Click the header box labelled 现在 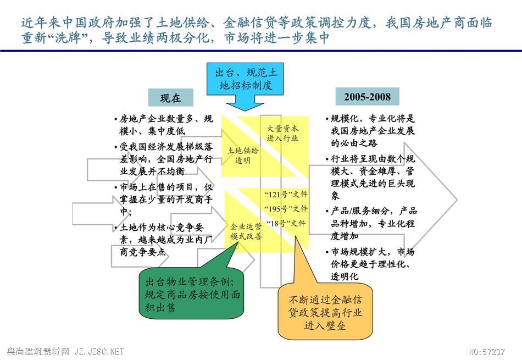tap(171, 98)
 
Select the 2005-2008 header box tap(367, 97)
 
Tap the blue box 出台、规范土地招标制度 tap(246, 79)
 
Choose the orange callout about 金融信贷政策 tap(325, 312)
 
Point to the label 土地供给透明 tap(243, 156)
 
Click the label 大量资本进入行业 tap(282, 133)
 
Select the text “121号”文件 tap(286, 195)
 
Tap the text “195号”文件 tap(286, 209)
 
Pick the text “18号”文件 tap(286, 224)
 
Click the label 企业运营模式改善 tap(246, 232)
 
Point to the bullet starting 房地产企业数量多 tap(163, 125)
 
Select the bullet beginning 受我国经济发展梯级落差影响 tap(163, 159)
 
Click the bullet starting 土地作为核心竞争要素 tap(163, 240)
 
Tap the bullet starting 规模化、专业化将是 tap(370, 131)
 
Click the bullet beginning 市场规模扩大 tap(370, 264)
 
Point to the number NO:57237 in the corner tap(487, 352)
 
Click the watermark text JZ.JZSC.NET tap(99, 351)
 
